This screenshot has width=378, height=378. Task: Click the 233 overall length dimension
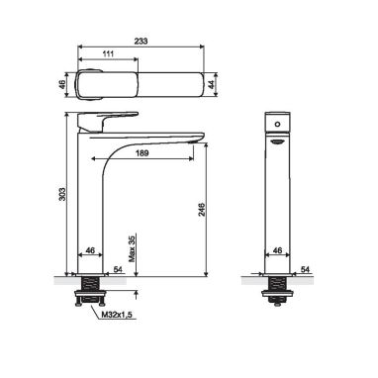141,41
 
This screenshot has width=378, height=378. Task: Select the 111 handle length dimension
108,53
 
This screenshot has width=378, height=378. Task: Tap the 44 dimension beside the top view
212,84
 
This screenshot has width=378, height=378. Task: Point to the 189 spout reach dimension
142,153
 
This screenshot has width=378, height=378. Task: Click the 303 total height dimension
61,194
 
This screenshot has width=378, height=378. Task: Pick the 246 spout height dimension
201,210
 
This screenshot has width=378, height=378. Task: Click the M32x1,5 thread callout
116,315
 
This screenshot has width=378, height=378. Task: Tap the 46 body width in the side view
90,250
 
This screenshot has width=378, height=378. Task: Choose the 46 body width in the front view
278,250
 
